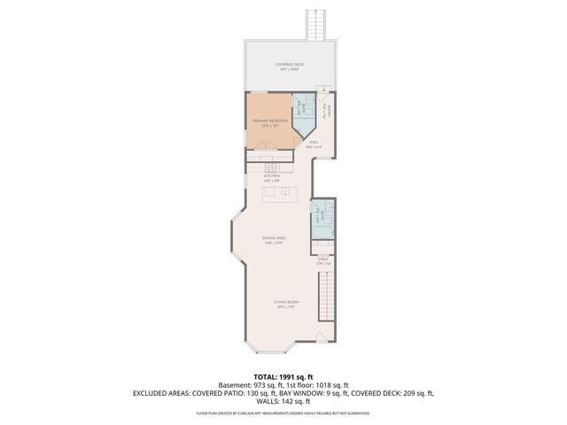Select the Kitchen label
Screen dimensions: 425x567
coord(272,177)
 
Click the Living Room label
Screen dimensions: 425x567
coord(285,303)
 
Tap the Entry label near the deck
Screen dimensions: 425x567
coord(328,110)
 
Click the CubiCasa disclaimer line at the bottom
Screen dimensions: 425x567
coord(283,413)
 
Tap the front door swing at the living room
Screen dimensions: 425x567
coord(322,336)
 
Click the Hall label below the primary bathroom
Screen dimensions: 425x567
coord(314,143)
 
